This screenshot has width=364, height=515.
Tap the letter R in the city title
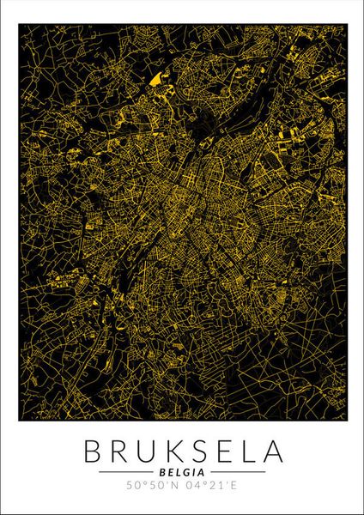coord(116,451)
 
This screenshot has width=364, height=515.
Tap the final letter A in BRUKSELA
coord(272,451)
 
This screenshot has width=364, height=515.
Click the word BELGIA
coord(182,471)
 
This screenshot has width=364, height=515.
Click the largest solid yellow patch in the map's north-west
coord(155,80)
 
